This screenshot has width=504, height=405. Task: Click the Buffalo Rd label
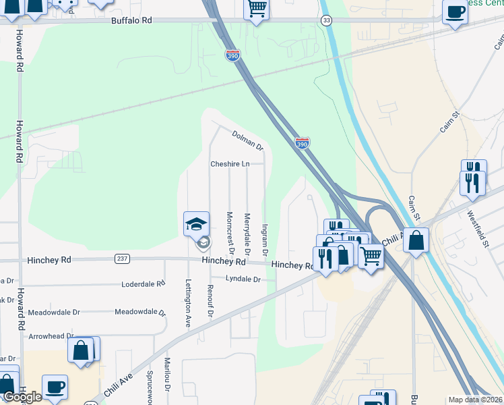[131, 21]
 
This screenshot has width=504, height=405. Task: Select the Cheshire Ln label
[230, 164]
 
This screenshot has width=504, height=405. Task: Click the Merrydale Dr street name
[247, 234]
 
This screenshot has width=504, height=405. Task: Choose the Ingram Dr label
[265, 240]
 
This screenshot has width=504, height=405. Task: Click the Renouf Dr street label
[210, 300]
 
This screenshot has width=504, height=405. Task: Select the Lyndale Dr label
[243, 279]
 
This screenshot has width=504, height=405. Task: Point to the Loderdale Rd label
[143, 285]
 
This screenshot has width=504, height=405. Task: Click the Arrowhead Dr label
[51, 336]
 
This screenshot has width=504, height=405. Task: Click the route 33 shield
[327, 21]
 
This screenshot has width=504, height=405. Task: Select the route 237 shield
[122, 259]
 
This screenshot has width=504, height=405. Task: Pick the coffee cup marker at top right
[455, 11]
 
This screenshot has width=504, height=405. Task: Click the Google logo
[22, 397]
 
